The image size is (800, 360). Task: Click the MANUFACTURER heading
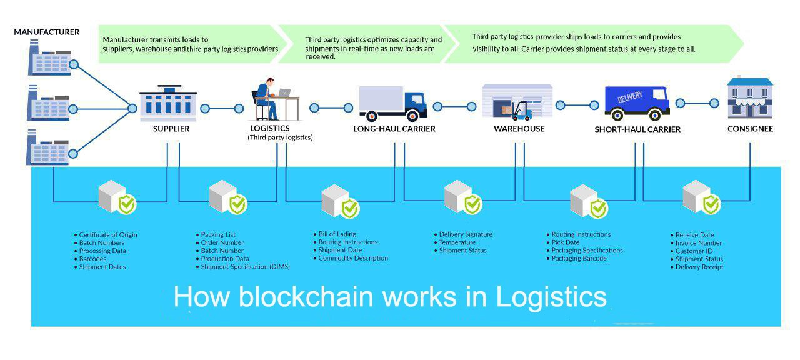point(47,32)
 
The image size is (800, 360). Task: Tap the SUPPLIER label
point(171,129)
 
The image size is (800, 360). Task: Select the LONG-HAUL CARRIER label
point(394,129)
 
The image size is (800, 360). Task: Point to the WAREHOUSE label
point(519,129)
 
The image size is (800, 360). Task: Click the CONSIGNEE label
point(751,129)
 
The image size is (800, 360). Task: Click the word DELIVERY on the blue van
point(630,97)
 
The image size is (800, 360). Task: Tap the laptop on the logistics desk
point(284,93)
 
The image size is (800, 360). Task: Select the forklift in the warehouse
point(521,111)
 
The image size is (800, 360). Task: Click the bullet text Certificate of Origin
point(108,235)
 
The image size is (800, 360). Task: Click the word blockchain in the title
point(307,297)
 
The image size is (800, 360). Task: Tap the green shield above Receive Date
point(711,204)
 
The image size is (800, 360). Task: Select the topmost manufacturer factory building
point(50,58)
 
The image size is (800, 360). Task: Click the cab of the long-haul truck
point(416,103)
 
